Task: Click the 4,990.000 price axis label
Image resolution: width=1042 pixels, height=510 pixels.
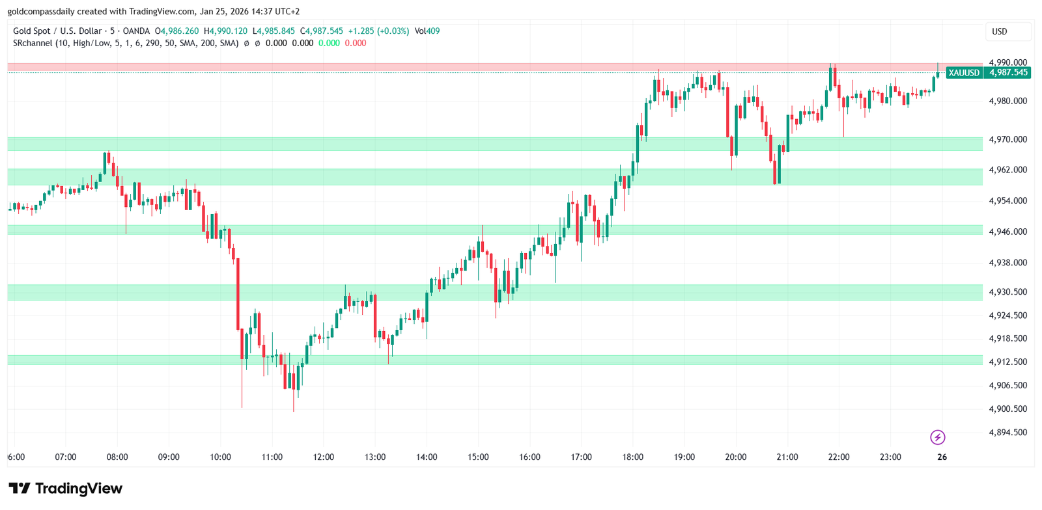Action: pos(1007,62)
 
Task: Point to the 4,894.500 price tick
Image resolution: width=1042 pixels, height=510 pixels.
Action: pos(1007,433)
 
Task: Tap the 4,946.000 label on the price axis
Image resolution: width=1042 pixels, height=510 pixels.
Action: pos(1007,232)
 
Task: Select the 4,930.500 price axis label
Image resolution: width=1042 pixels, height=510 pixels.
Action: pos(1007,292)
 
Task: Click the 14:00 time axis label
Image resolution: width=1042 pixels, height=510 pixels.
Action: pos(427,457)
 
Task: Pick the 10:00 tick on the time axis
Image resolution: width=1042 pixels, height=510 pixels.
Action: pos(220,457)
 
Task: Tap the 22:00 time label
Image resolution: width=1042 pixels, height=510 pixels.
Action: pos(839,457)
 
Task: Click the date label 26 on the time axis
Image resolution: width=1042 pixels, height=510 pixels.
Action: pos(942,457)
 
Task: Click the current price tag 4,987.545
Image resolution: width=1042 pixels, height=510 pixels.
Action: pos(1008,73)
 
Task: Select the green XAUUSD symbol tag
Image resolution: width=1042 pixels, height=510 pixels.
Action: pos(964,73)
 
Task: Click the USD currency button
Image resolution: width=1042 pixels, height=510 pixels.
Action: pos(1000,31)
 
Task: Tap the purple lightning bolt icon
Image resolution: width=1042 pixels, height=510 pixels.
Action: pos(938,437)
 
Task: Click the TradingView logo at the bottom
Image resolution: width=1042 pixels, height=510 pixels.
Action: pos(65,489)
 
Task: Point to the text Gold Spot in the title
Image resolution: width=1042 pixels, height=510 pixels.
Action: pos(31,31)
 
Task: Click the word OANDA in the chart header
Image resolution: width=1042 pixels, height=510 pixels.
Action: pos(136,31)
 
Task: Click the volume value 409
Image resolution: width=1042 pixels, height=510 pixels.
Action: pos(433,31)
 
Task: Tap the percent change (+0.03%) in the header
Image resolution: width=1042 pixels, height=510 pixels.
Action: pos(394,31)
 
